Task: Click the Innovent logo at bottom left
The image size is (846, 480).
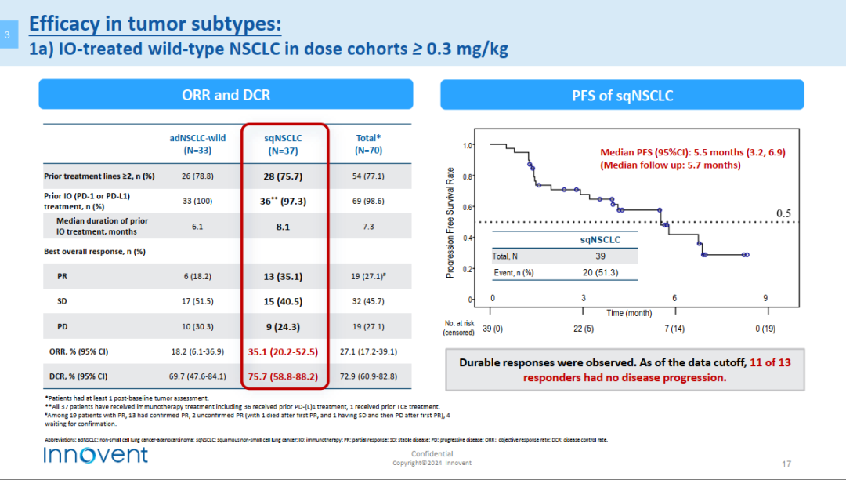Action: click(x=96, y=455)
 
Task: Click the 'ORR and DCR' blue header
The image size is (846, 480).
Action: click(x=226, y=95)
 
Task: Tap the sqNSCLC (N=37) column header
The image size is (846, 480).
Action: click(x=284, y=144)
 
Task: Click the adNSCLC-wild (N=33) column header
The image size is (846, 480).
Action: click(x=197, y=144)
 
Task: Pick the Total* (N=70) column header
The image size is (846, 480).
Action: click(x=368, y=144)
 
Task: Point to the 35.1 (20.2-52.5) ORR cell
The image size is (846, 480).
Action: click(x=284, y=352)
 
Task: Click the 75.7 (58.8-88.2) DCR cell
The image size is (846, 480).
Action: click(x=284, y=376)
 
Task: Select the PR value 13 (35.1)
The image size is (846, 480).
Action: click(x=284, y=277)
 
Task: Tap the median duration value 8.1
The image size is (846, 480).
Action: click(x=284, y=227)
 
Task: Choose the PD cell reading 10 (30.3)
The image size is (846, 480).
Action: click(x=197, y=327)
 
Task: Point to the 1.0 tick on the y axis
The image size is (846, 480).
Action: click(x=468, y=145)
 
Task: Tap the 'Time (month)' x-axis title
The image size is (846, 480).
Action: click(x=628, y=313)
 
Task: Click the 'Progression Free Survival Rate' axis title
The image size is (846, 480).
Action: click(x=450, y=223)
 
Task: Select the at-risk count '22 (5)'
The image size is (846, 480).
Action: click(x=583, y=329)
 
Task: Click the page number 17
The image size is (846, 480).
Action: click(x=786, y=463)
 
